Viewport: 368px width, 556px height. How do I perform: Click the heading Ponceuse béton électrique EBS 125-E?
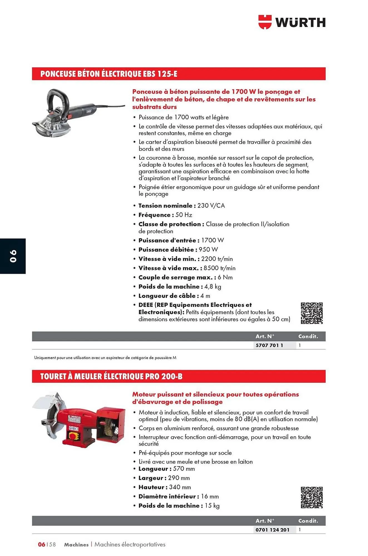point(109,74)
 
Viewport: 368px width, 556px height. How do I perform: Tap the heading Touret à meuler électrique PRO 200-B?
point(111,376)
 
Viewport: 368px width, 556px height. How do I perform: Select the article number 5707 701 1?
point(269,345)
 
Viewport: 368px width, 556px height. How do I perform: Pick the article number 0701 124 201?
point(272,530)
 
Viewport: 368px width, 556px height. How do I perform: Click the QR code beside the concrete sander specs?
point(312,313)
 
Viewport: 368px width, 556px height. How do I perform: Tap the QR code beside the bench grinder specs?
point(312,498)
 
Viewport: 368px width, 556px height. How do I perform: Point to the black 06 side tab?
point(13,256)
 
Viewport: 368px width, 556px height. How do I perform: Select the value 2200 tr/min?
point(217,259)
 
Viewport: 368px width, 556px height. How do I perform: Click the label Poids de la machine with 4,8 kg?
point(170,287)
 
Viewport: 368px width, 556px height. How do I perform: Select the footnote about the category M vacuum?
point(105,358)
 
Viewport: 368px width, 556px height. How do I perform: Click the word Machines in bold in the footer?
point(76,545)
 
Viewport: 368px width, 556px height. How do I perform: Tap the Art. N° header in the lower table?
point(265,521)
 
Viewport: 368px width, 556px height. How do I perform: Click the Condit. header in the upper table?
point(308,336)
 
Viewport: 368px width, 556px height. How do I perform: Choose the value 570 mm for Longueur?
point(184,469)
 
